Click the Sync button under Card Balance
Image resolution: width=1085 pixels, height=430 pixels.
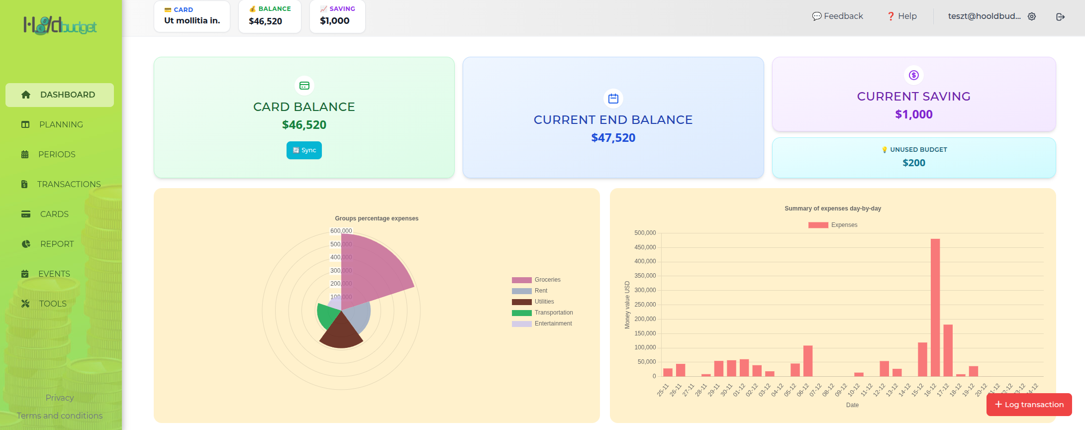coord(304,150)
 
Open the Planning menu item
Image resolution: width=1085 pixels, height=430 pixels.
coord(61,124)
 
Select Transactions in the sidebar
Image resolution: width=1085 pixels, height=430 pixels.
coord(69,184)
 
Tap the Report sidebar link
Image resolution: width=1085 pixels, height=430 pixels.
coord(57,244)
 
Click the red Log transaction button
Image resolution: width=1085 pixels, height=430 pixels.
coord(1029,405)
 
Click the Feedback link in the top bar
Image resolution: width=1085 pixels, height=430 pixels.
coord(838,16)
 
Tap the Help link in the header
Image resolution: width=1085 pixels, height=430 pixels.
coord(902,16)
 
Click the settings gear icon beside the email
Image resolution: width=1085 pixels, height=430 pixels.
coord(1032,16)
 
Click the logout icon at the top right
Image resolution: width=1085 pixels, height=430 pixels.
coord(1060,16)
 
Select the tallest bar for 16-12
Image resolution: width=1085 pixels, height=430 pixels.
coord(935,309)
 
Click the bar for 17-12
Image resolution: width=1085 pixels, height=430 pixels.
coord(948,351)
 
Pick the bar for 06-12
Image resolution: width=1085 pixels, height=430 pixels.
coord(808,361)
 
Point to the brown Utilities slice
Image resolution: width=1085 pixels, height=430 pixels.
coord(341,332)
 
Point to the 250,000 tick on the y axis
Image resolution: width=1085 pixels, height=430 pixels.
coord(645,305)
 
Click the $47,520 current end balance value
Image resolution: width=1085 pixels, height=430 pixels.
coord(613,138)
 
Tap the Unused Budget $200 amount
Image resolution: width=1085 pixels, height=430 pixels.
coord(914,163)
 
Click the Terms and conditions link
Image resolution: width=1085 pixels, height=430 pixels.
coord(60,416)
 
